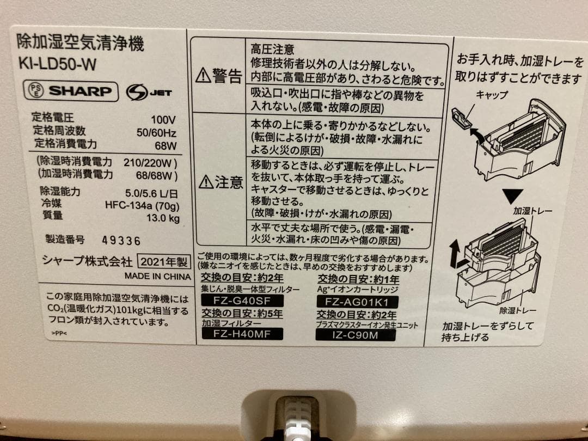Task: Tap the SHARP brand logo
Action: [71, 91]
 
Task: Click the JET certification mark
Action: [149, 93]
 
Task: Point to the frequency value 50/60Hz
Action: [156, 132]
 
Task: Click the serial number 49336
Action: [121, 240]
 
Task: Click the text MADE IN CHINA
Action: [157, 276]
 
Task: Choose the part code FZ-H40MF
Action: [242, 334]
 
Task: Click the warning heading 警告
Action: [219, 75]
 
